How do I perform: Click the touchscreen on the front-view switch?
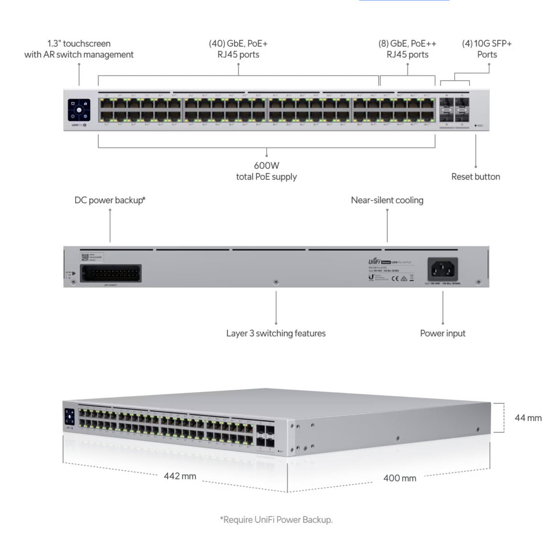(x=79, y=110)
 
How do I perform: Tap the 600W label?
(x=267, y=166)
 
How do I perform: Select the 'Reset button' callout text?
(x=475, y=177)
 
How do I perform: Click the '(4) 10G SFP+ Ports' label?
(x=487, y=49)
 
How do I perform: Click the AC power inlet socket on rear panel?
(x=443, y=269)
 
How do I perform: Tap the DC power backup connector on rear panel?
(x=111, y=274)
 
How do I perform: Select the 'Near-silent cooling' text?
(x=387, y=200)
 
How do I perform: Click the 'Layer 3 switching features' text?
(x=276, y=333)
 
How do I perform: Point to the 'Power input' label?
(x=442, y=333)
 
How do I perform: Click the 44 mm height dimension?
(x=528, y=418)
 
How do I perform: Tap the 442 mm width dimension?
(x=180, y=476)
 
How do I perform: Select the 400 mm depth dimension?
(x=400, y=478)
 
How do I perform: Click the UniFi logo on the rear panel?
(x=374, y=261)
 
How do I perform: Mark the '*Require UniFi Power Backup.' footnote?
(x=276, y=519)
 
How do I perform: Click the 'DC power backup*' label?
(x=110, y=200)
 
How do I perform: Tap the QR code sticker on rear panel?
(x=85, y=257)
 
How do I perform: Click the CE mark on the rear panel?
(x=395, y=278)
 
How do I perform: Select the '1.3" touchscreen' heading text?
(x=79, y=44)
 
